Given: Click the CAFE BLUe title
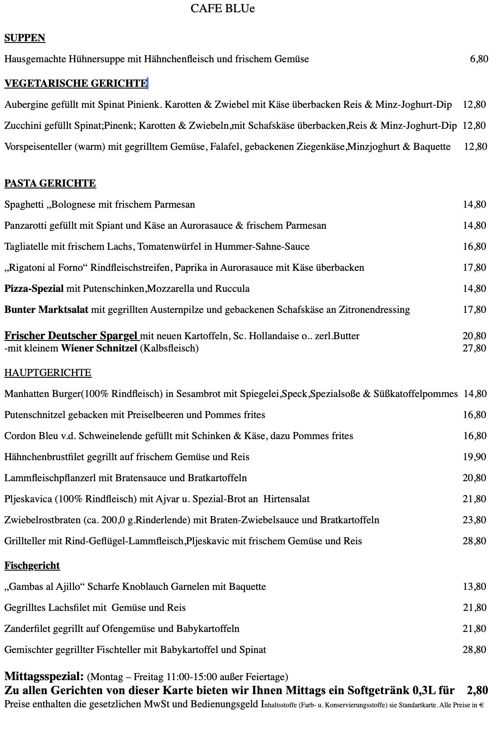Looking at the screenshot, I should click(x=222, y=8).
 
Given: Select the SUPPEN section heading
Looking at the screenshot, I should click(x=25, y=38).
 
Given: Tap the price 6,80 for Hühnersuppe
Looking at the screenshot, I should click(x=479, y=59).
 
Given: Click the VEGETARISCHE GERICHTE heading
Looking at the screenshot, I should click(x=76, y=83).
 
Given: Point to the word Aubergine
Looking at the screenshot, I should click(x=26, y=105).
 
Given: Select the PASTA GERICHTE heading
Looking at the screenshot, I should click(x=50, y=183).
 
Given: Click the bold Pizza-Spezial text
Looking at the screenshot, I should click(x=34, y=289).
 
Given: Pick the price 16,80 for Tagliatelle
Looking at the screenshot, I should click(x=474, y=247).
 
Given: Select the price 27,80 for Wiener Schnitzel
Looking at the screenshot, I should click(x=474, y=348).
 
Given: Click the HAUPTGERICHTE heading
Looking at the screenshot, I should click(x=48, y=373).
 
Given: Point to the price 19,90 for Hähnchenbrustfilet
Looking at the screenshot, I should click(x=474, y=457).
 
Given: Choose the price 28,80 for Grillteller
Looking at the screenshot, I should click(x=474, y=541).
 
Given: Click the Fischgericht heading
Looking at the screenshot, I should click(x=32, y=566).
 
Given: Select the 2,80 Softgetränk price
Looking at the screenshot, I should click(x=477, y=691).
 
